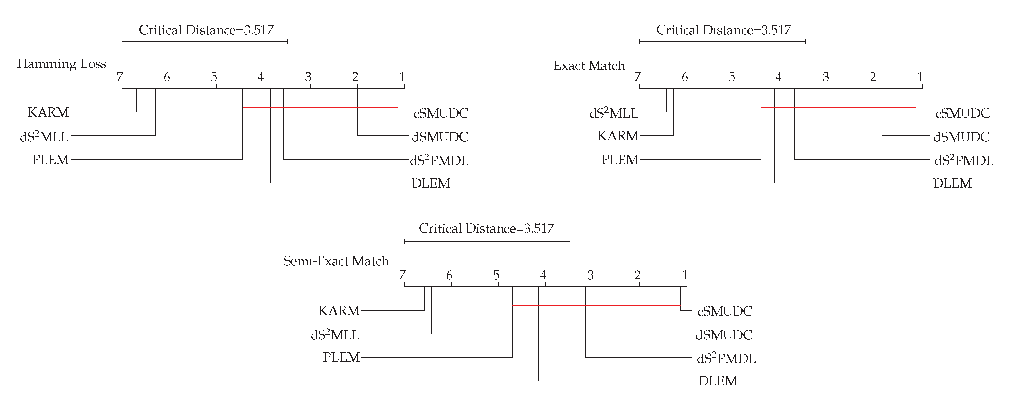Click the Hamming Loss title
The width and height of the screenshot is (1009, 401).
pyautogui.click(x=61, y=64)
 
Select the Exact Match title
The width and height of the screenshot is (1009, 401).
pyautogui.click(x=589, y=66)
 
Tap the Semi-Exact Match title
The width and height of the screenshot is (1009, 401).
pyautogui.click(x=336, y=261)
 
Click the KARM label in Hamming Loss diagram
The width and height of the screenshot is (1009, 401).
pyautogui.click(x=48, y=112)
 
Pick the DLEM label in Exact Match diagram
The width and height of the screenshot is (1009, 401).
pyautogui.click(x=952, y=183)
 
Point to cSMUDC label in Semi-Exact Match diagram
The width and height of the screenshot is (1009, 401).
pyautogui.click(x=725, y=311)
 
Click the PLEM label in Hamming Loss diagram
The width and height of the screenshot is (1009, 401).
pyautogui.click(x=50, y=160)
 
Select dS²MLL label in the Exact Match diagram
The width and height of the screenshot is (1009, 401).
pyautogui.click(x=613, y=113)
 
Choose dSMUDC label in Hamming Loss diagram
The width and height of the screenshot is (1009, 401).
pyautogui.click(x=439, y=137)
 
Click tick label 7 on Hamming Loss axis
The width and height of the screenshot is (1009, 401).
pyautogui.click(x=120, y=77)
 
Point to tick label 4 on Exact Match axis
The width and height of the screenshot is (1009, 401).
pyautogui.click(x=778, y=77)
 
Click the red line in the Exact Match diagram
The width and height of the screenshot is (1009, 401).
pyautogui.click(x=838, y=107)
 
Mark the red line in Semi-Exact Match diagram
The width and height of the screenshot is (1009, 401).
pyautogui.click(x=596, y=305)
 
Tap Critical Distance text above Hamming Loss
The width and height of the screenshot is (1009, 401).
pyautogui.click(x=206, y=30)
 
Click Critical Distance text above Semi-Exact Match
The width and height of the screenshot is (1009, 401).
pyautogui.click(x=486, y=228)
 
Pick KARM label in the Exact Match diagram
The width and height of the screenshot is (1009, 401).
pyautogui.click(x=618, y=136)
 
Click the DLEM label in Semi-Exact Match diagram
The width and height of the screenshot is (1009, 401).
pyautogui.click(x=718, y=381)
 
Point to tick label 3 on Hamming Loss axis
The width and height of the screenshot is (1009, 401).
pyautogui.click(x=308, y=77)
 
